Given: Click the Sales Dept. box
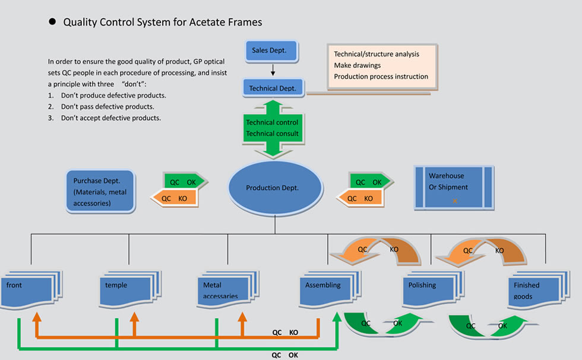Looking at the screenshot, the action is tap(272, 51).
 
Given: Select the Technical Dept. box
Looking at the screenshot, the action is tap(273, 88).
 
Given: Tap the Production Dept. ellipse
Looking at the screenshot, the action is tap(275, 187).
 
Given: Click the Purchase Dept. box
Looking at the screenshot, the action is tap(100, 191).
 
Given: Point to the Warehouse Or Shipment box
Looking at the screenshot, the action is tap(454, 187).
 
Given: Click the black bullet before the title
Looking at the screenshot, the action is tap(52, 21).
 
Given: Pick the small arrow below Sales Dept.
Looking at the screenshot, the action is tap(273, 70).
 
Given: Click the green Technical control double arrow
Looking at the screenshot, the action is tap(273, 128).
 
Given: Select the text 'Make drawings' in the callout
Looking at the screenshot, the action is tap(357, 65).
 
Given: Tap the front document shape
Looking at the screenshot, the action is tap(31, 289).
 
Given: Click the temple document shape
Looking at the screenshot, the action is tap(130, 289).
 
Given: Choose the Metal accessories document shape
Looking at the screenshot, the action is tap(228, 289).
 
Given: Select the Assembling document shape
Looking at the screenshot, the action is tap(330, 289).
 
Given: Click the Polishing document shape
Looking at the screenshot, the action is tap(434, 289).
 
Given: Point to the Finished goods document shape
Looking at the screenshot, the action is tap(539, 289).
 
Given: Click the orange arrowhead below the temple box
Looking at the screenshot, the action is tap(134, 317).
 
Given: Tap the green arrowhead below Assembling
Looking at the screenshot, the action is tap(337, 317).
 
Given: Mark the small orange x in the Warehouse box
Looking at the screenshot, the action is tap(455, 201).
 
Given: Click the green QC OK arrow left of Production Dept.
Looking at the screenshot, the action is tap(185, 181).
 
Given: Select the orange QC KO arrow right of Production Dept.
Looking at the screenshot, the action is tap(359, 198).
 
